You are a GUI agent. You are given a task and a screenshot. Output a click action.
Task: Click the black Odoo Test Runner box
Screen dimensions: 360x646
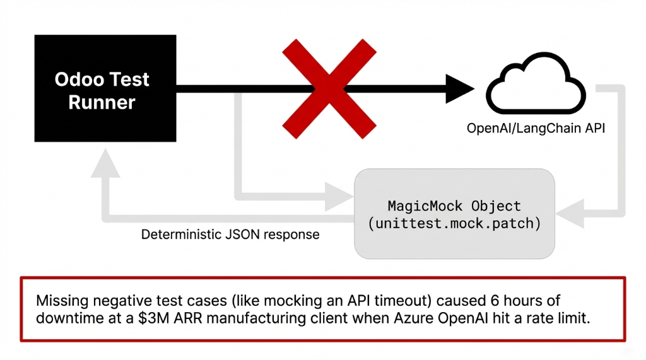coord(102,89)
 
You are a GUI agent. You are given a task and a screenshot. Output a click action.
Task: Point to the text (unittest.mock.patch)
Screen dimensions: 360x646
coord(454,223)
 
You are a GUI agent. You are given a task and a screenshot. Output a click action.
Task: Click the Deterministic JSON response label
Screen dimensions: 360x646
coord(230,235)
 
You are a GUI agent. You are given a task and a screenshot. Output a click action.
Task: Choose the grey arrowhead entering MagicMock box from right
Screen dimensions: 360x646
coord(570,214)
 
